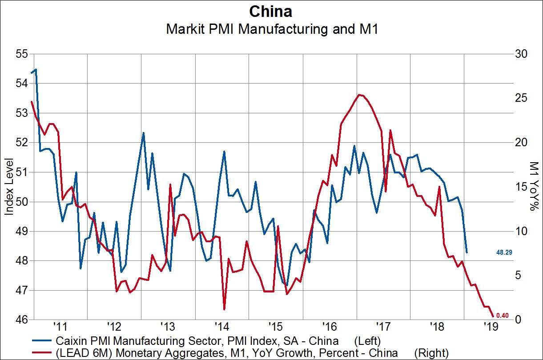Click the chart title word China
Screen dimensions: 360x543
pos(271,11)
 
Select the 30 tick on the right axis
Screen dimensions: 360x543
pos(521,54)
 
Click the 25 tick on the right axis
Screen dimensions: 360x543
pos(521,98)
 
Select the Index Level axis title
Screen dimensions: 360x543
pos(9,187)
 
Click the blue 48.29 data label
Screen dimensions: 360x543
pos(505,252)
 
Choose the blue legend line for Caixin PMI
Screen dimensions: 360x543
pos(43,341)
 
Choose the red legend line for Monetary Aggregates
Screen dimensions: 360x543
pos(43,353)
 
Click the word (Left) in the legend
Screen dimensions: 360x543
pos(367,341)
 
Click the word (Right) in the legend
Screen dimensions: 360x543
pos(431,353)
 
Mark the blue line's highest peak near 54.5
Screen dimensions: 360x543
pos(36,69)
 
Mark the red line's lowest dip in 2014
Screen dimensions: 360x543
pos(224,309)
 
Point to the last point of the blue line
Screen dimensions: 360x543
pos(467,252)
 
